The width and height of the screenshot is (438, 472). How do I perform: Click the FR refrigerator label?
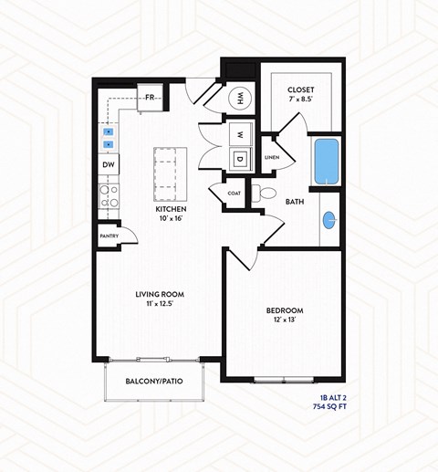(149, 97)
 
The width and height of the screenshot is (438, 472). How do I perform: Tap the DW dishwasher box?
(109, 164)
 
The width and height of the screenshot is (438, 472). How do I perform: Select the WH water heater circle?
(242, 98)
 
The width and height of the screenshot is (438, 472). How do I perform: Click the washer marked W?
(240, 133)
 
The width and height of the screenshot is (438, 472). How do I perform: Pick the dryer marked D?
(240, 160)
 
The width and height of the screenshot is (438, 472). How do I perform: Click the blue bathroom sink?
(329, 219)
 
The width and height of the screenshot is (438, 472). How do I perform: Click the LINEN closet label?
(272, 158)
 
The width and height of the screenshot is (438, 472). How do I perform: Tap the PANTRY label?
(109, 236)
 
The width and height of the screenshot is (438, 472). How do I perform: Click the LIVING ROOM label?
(159, 293)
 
